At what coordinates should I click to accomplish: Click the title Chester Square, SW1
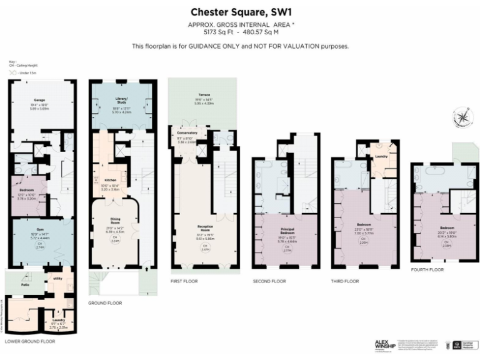(x=240, y=12)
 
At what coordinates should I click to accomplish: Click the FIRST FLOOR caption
(x=184, y=281)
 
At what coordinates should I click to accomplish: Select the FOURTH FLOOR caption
(x=427, y=270)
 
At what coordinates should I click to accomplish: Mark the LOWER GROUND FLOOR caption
(x=30, y=342)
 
